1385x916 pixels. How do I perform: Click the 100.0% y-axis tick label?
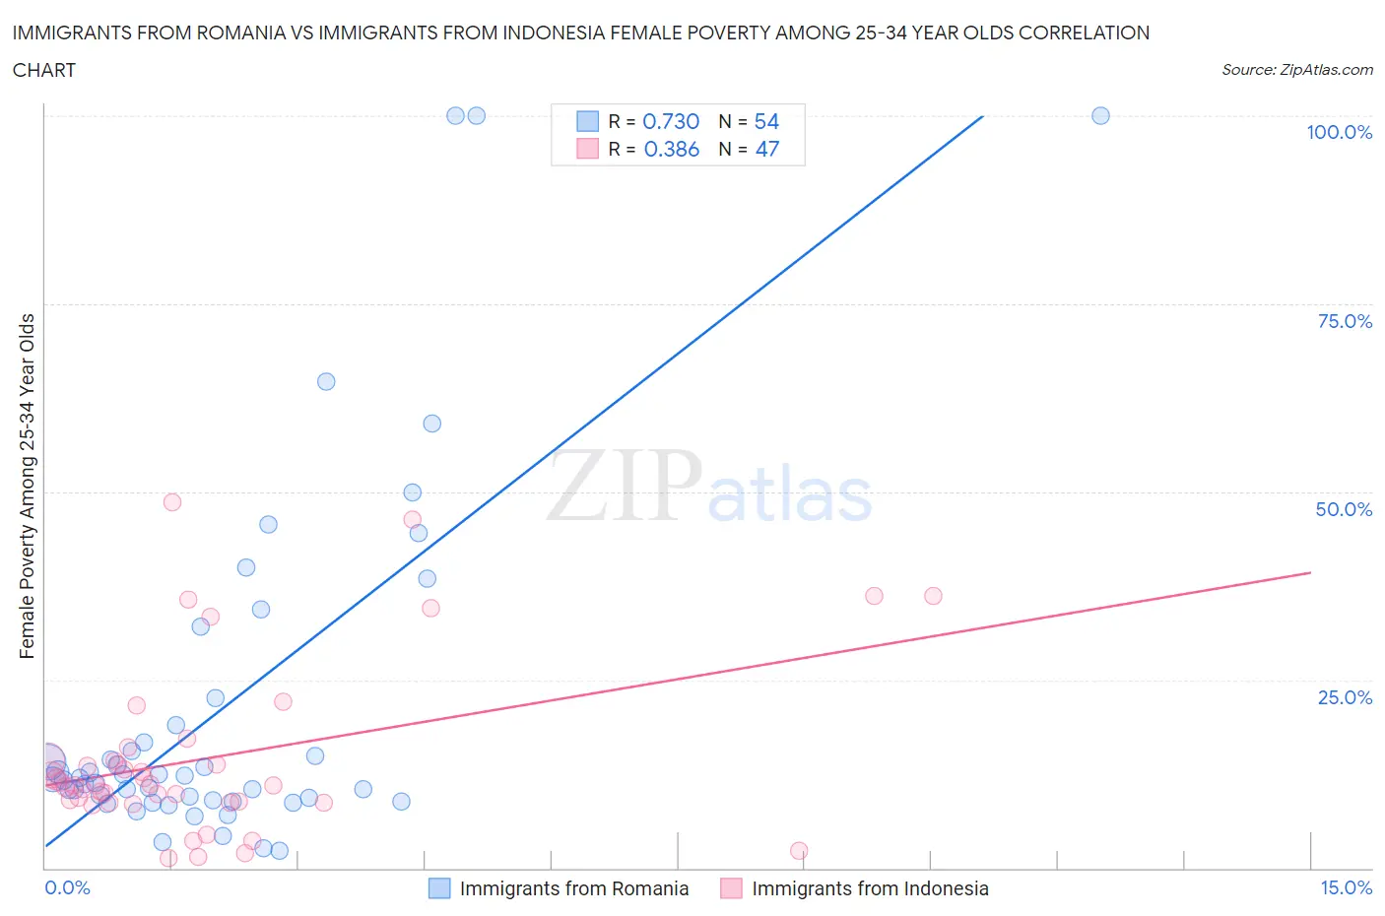tap(1339, 132)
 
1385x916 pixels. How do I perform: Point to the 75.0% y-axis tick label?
tap(1345, 321)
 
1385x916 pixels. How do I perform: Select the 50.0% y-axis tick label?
tap(1344, 509)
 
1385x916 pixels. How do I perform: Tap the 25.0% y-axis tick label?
tap(1345, 697)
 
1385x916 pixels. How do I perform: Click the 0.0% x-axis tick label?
tap(67, 887)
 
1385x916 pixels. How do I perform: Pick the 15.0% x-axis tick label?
tap(1346, 887)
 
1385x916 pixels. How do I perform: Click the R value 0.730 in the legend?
tap(671, 121)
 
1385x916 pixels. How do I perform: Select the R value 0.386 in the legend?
tap(671, 149)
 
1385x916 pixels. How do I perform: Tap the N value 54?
tap(766, 121)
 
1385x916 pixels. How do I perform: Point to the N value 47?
tap(766, 149)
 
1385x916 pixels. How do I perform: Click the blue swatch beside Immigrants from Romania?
tap(439, 888)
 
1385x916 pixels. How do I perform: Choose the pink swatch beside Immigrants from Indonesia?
tap(731, 888)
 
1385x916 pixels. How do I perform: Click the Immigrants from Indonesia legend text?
tap(870, 888)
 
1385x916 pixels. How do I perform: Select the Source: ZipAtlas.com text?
tap(1296, 69)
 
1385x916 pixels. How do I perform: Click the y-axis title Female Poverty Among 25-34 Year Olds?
tap(28, 486)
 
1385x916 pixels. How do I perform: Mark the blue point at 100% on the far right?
tap(1100, 115)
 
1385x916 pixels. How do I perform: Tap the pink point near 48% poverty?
tap(172, 501)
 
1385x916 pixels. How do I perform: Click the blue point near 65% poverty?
tap(326, 381)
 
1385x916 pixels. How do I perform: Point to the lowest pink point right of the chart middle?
tap(799, 850)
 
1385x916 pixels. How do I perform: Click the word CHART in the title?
tap(44, 70)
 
